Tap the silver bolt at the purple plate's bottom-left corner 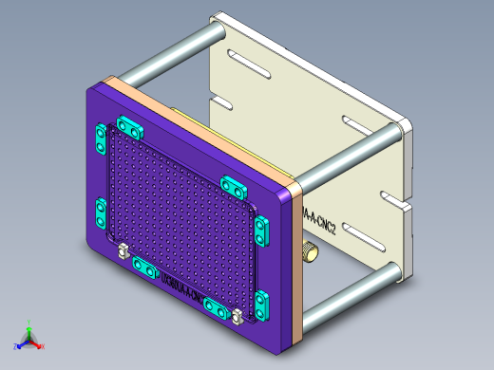pos(123,251)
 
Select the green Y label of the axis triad pos(29,322)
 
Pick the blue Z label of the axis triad pos(14,347)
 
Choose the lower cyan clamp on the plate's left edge pos(100,213)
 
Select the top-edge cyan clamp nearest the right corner pos(234,184)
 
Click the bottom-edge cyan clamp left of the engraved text pos(144,268)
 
